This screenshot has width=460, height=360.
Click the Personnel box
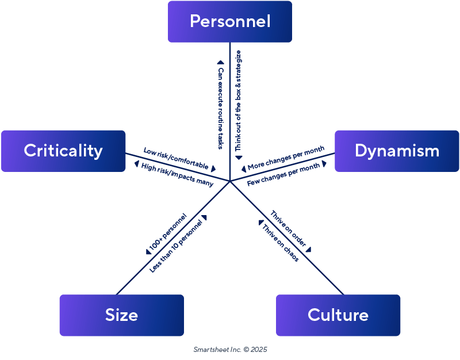pos(230,22)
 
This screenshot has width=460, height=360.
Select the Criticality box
pos(63,151)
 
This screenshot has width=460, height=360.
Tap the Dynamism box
pos(397,151)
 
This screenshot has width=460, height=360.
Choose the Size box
pos(121,315)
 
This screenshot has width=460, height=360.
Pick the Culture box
pos(338,315)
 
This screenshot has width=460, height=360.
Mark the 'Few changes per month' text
pos(283,174)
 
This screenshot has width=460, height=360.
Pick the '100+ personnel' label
pos(168,232)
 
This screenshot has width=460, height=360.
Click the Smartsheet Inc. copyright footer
pos(230,349)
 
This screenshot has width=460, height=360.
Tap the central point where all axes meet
pos(230,181)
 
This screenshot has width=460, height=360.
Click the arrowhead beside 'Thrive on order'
pos(308,250)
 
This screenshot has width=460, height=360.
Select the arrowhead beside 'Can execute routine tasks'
pos(220,63)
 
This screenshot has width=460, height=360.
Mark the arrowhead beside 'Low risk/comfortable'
pos(213,169)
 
